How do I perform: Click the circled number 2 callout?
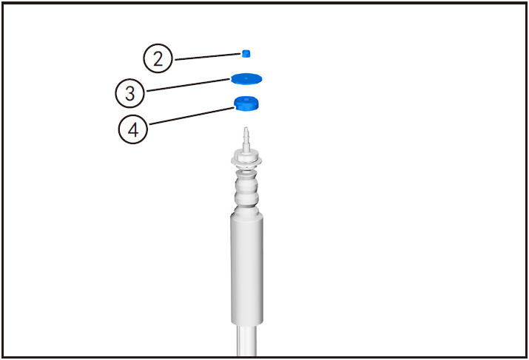(158, 58)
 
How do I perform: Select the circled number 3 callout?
(130, 93)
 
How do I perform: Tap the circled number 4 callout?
(133, 129)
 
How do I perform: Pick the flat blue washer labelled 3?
(247, 78)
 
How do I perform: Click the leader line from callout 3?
(188, 84)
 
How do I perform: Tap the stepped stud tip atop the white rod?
(247, 137)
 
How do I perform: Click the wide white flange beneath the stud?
(248, 157)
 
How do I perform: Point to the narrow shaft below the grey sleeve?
(248, 342)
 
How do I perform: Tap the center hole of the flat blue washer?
(247, 76)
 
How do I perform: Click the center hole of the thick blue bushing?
(247, 100)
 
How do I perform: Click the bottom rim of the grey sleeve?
(248, 323)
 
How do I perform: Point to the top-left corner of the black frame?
(3, 3)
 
